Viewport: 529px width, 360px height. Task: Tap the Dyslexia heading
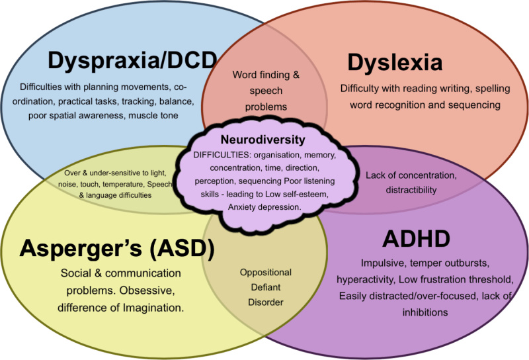tap(395, 64)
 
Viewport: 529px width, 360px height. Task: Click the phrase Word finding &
tap(266, 75)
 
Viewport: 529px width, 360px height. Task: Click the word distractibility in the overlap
tap(411, 190)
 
